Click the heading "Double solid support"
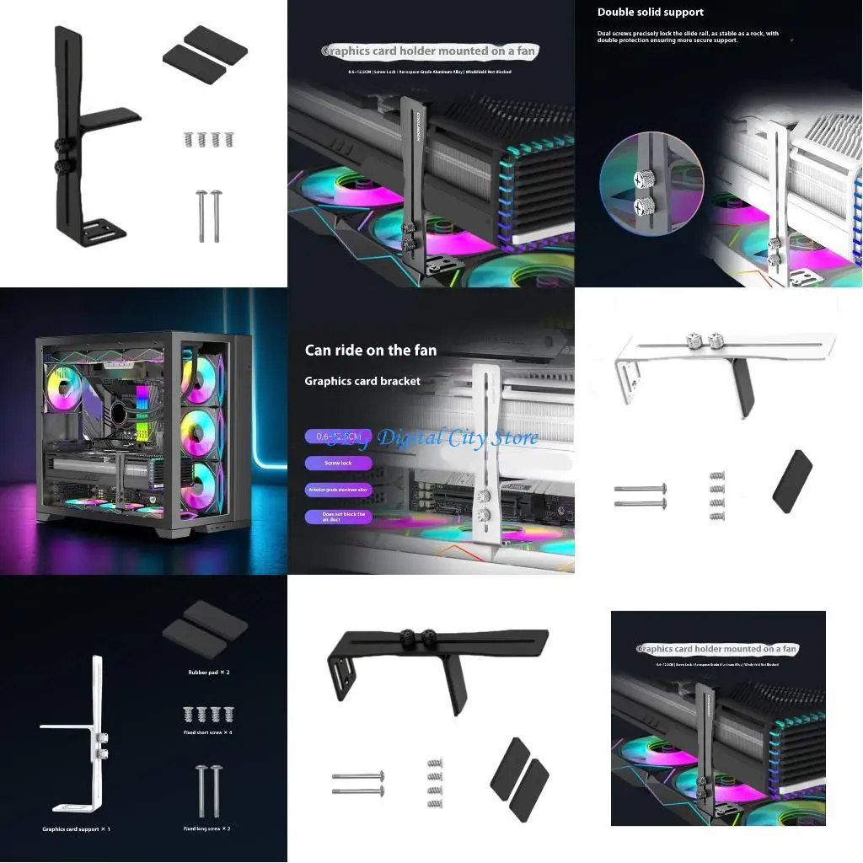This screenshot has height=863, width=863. pyautogui.click(x=651, y=13)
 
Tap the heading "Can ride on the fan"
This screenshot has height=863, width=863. pyautogui.click(x=371, y=350)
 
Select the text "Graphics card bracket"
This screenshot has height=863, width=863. pyautogui.click(x=362, y=381)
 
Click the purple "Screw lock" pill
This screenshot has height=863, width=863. pyautogui.click(x=338, y=463)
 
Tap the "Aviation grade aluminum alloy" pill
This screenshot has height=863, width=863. pyautogui.click(x=338, y=490)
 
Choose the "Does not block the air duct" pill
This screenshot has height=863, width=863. pyautogui.click(x=338, y=517)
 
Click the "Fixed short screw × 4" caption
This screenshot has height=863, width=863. pyautogui.click(x=207, y=732)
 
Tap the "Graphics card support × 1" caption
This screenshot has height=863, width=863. pyautogui.click(x=76, y=829)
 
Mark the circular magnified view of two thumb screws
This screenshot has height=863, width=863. pyautogui.click(x=639, y=186)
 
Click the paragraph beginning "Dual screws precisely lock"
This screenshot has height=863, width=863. pyautogui.click(x=688, y=37)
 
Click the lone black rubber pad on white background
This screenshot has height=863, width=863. pyautogui.click(x=792, y=482)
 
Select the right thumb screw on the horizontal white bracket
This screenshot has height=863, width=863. pyautogui.click(x=716, y=340)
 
